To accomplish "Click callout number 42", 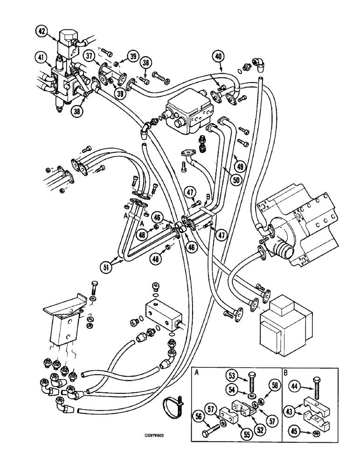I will (42, 32).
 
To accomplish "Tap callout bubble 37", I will (89, 56).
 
